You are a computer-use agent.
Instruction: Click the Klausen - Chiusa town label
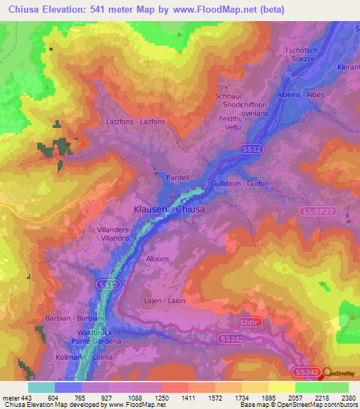169,209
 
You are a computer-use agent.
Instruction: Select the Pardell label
177,178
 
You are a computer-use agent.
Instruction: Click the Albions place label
157,259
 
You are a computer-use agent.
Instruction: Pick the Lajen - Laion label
165,301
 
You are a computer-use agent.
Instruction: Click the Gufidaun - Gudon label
240,183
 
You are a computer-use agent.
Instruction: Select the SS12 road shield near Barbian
105,284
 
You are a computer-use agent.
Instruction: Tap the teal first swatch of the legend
41,387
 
